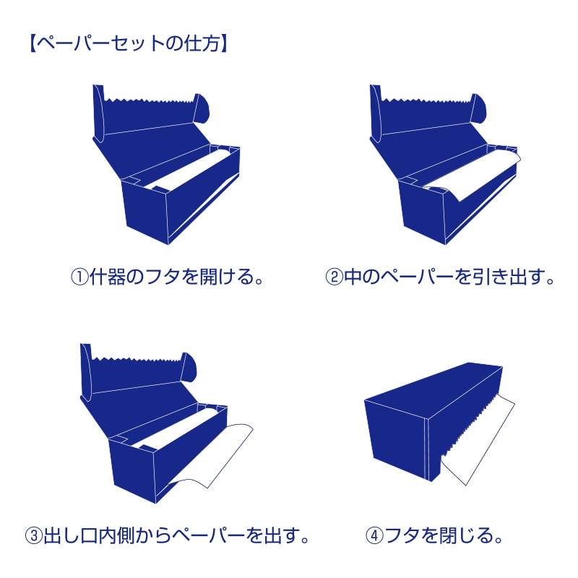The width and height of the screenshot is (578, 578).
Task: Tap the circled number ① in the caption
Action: (x=79, y=277)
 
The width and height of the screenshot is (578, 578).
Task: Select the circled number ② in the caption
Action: (x=334, y=277)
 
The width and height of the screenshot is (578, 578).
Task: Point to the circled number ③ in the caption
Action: (x=34, y=535)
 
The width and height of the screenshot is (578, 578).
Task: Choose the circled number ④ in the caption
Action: (x=374, y=535)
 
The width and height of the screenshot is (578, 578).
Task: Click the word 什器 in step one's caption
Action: (x=107, y=277)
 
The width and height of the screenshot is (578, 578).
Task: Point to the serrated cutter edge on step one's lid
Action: (x=149, y=100)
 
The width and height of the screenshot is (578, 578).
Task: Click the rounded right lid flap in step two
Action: (x=478, y=109)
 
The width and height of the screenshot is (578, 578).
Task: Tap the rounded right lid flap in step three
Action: (x=189, y=368)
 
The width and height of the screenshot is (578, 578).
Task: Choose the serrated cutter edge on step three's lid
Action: (x=137, y=358)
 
